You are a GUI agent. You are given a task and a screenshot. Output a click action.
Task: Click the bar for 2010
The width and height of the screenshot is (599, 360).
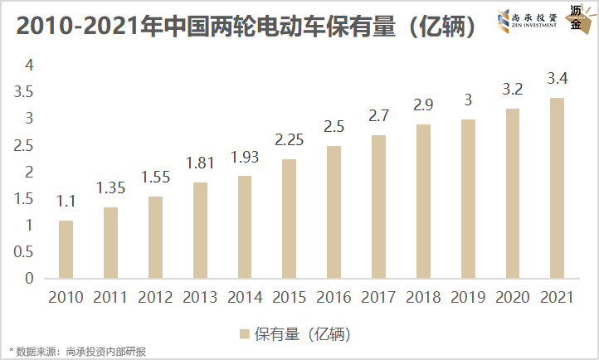pyautogui.click(x=66, y=249)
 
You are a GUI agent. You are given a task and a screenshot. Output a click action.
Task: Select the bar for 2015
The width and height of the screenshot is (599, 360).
pyautogui.click(x=289, y=218)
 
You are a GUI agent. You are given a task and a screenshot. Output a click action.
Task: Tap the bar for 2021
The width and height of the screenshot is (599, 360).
pyautogui.click(x=557, y=187)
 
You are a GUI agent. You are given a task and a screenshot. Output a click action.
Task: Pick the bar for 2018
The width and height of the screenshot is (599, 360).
pyautogui.click(x=423, y=201)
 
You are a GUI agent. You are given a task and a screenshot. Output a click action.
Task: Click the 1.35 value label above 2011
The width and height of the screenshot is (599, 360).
pyautogui.click(x=110, y=187)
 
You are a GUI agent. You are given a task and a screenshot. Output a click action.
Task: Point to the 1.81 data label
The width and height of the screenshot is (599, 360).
pyautogui.click(x=200, y=163)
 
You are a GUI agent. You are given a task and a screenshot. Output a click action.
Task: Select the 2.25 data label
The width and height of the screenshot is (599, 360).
pyautogui.click(x=289, y=139)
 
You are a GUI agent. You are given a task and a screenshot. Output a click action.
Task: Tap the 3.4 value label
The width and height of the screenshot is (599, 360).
pyautogui.click(x=557, y=80)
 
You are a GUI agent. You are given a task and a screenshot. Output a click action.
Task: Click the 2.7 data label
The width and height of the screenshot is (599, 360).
pyautogui.click(x=378, y=115)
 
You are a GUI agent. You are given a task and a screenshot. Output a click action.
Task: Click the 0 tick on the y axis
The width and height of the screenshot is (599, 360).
pyautogui.click(x=28, y=279)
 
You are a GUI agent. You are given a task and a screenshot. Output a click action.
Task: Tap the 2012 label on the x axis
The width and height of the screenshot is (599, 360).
pyautogui.click(x=155, y=297)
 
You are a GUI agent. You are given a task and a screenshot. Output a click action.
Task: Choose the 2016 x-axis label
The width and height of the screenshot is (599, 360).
pyautogui.click(x=334, y=297)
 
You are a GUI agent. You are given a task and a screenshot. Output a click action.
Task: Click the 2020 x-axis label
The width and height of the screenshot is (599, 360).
pyautogui.click(x=512, y=297)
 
